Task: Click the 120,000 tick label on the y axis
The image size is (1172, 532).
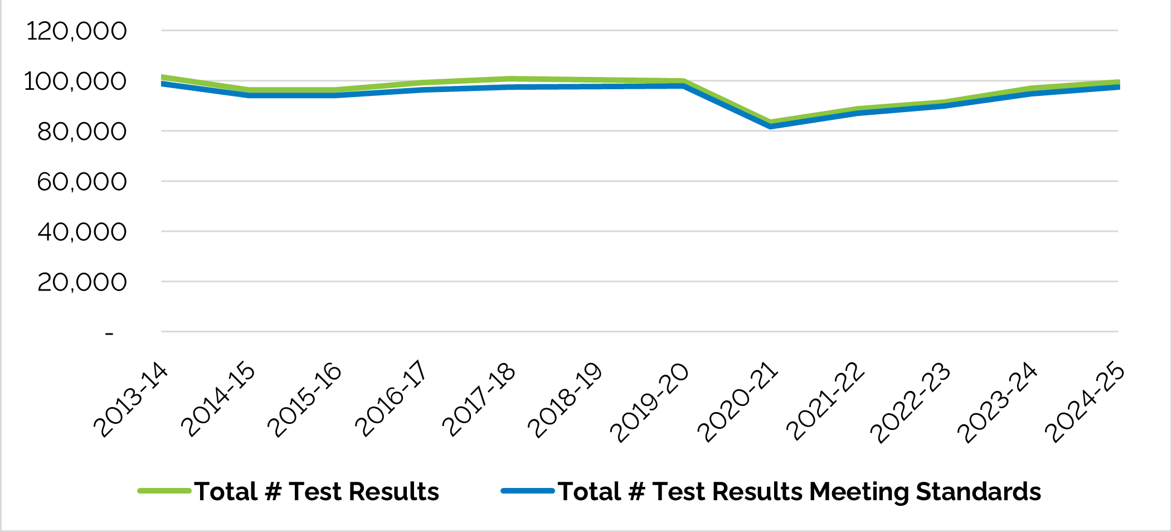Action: pyautogui.click(x=76, y=31)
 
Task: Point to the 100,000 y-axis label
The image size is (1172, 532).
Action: pyautogui.click(x=75, y=81)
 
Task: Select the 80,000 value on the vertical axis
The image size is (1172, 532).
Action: pyautogui.click(x=82, y=132)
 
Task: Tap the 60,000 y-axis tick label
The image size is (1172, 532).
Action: pyautogui.click(x=82, y=182)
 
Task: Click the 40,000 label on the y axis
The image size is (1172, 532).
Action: pyautogui.click(x=82, y=232)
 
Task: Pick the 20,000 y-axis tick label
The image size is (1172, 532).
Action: pyautogui.click(x=82, y=282)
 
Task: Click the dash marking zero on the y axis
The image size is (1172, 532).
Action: pyautogui.click(x=109, y=333)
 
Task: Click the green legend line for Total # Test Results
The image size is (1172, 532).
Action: pyautogui.click(x=165, y=491)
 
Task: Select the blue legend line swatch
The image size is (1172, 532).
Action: pyautogui.click(x=528, y=491)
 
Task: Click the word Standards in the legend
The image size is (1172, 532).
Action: pyautogui.click(x=978, y=492)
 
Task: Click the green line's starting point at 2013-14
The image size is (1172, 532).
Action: pyautogui.click(x=162, y=77)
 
